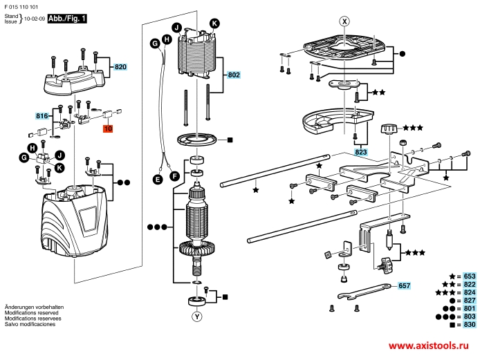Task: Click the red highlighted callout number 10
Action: (109, 129)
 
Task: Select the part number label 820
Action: (121, 67)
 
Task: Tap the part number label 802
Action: (233, 75)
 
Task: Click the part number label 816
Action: (43, 116)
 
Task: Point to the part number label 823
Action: (360, 151)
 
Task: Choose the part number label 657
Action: (404, 285)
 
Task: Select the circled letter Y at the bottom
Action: (198, 318)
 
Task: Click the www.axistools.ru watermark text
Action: (432, 345)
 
